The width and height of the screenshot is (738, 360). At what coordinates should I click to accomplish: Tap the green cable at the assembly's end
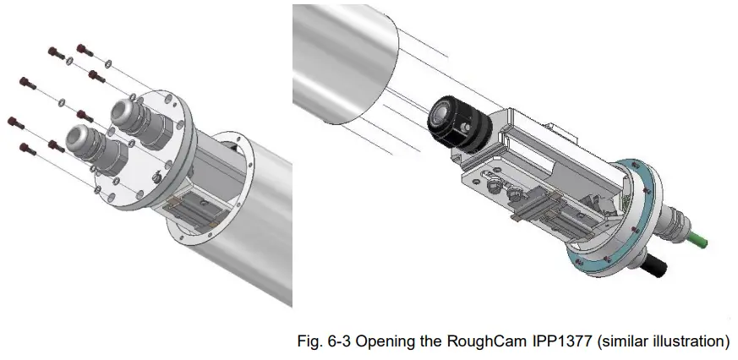coord(698,244)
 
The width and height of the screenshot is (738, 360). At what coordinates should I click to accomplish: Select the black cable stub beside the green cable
coord(656,270)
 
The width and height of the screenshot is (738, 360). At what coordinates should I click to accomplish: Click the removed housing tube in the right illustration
coord(347,59)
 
